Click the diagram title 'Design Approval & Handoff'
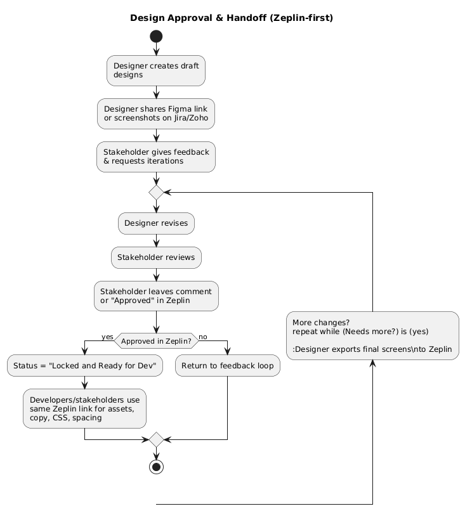point(232,18)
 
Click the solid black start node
point(156,36)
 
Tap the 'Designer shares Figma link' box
point(156,113)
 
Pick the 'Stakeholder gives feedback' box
point(156,157)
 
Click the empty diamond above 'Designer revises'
point(156,191)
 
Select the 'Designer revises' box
point(156,223)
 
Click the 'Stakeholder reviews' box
point(156,257)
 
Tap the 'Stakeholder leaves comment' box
point(156,296)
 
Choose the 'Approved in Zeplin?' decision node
point(156,340)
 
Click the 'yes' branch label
point(107,336)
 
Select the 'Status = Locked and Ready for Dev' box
point(84,365)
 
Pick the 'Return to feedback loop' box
point(228,365)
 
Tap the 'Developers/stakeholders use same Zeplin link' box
point(84,408)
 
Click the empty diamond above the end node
point(156,439)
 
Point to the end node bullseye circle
point(156,467)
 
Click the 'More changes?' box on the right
point(372,335)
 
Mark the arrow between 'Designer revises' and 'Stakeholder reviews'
point(156,240)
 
